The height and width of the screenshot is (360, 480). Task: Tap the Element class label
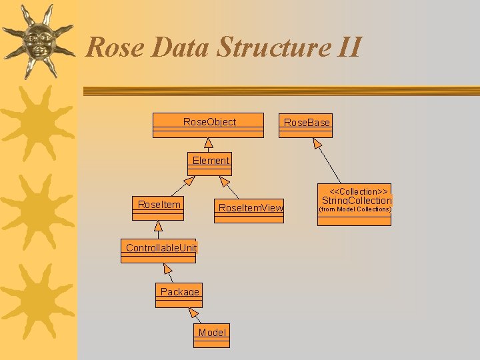click(211, 160)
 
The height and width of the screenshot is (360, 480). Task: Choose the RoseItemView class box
click(249, 211)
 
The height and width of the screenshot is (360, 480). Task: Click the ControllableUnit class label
click(161, 248)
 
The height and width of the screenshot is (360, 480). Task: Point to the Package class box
click(179, 295)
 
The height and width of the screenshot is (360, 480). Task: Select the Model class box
click(212, 336)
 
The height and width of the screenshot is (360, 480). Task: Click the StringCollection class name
click(356, 201)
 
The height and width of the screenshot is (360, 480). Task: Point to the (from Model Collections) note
click(355, 209)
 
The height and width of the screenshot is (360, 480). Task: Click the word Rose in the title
click(115, 47)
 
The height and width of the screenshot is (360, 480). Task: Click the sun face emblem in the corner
click(37, 40)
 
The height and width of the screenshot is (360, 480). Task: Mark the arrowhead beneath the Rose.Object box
click(209, 143)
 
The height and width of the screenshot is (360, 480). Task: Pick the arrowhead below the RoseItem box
click(159, 226)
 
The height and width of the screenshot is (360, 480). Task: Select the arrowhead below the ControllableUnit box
click(167, 269)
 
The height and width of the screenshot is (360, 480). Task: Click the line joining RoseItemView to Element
click(231, 189)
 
